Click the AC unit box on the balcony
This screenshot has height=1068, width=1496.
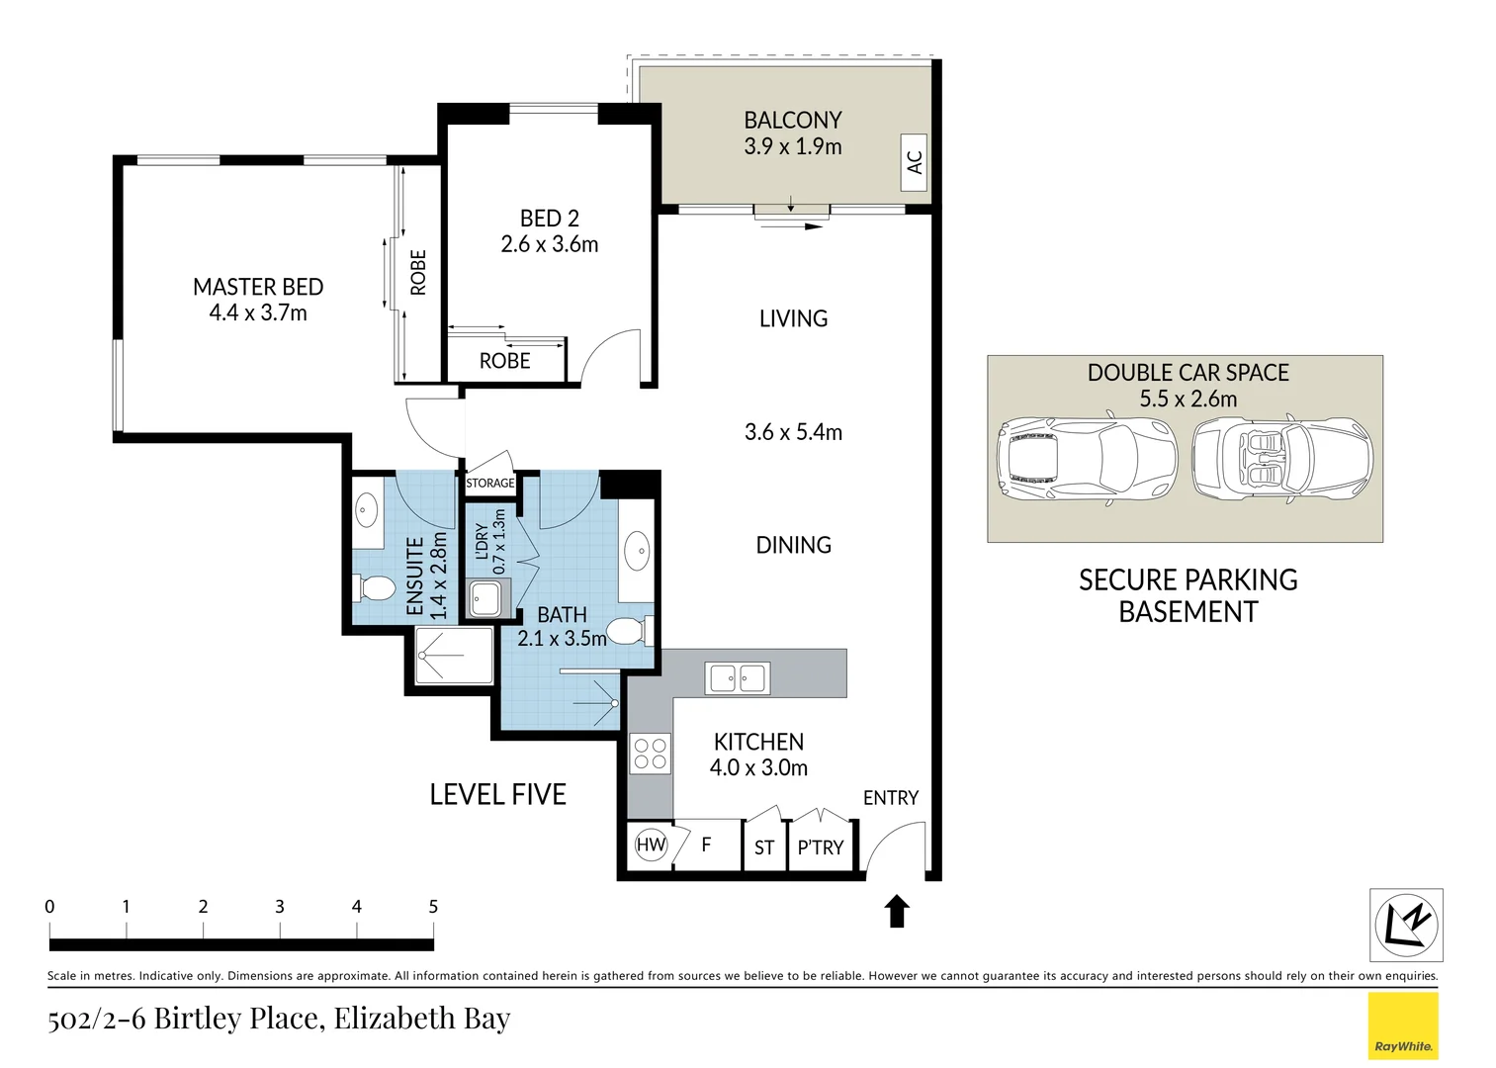(x=914, y=162)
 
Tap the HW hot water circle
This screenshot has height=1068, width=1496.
(x=651, y=845)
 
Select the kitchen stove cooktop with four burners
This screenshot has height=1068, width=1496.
(x=650, y=753)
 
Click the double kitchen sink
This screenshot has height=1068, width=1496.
(x=738, y=678)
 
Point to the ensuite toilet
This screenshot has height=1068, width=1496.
(x=374, y=588)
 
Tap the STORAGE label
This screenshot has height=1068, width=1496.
(x=490, y=483)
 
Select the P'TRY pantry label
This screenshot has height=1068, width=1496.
(x=821, y=847)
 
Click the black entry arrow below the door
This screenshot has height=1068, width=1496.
(x=897, y=912)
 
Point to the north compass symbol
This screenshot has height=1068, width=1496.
(x=1406, y=925)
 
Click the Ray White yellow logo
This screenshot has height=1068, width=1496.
(x=1403, y=1025)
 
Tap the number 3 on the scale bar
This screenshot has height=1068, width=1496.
(x=280, y=907)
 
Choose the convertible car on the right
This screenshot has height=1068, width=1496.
(x=1282, y=459)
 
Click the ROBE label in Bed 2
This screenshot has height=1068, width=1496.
(x=505, y=361)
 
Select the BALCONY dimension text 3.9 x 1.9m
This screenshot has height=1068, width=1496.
(x=793, y=146)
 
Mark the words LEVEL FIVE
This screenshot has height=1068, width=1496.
(x=497, y=794)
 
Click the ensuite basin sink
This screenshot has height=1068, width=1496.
(x=365, y=511)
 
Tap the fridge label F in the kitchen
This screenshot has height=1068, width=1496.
(x=706, y=845)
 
